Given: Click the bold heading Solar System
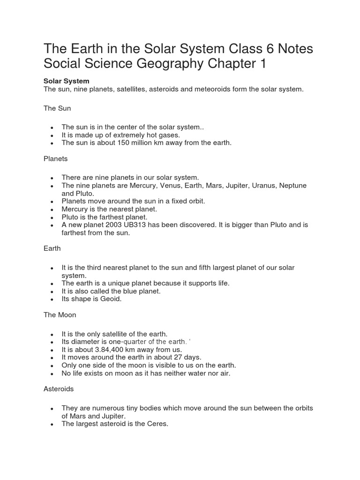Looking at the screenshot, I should point(66,81).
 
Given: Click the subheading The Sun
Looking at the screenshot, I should point(57,108).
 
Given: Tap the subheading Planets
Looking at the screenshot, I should point(56,159).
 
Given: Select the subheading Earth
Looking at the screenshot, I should point(52,248).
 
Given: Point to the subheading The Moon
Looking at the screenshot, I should point(60,315).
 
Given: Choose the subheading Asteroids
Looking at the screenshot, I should point(59,389).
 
